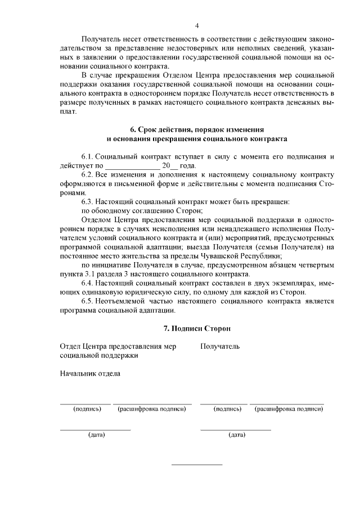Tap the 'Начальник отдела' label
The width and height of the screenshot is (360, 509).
pyautogui.click(x=89, y=373)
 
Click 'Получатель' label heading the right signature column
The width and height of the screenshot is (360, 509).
pyautogui.click(x=220, y=346)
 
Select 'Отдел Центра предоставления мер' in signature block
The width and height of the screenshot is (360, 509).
pyautogui.click(x=118, y=346)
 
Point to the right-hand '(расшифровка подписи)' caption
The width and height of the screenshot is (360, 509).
pyautogui.click(x=289, y=409)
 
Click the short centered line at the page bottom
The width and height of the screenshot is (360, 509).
pyautogui.click(x=196, y=465)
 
